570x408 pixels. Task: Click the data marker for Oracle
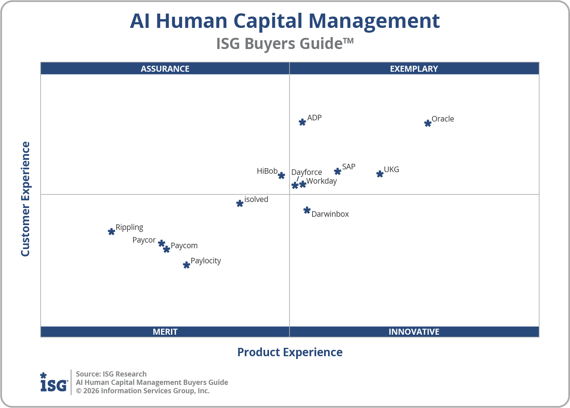[x=428, y=124]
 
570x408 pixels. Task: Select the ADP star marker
[x=302, y=122]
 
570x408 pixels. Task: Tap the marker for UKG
[x=380, y=174]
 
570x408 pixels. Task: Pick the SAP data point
[x=338, y=171]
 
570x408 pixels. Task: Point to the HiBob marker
[x=281, y=176]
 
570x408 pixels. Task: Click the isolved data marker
[x=240, y=204]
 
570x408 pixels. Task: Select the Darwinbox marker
[x=307, y=210]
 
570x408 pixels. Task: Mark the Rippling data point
[x=112, y=231]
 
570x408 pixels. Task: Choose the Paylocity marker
[x=186, y=265]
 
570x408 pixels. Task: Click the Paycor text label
[x=144, y=240]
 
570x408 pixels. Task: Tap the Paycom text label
[x=184, y=245]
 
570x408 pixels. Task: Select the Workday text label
[x=321, y=181]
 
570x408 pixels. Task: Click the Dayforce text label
[x=307, y=172]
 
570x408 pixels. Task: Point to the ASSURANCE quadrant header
[x=165, y=69]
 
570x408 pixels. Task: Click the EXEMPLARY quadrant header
[x=414, y=69]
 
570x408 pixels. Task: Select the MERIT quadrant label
[x=165, y=331]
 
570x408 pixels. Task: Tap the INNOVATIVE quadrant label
[x=414, y=331]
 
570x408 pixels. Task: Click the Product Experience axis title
[x=290, y=352]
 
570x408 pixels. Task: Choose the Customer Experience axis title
[x=26, y=199]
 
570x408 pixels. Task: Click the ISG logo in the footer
[x=54, y=382]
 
